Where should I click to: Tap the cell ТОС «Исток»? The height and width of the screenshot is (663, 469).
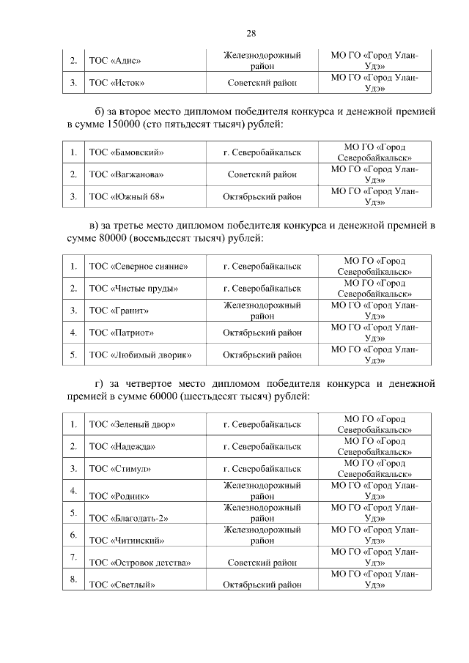117,83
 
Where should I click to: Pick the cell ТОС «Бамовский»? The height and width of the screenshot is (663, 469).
125,153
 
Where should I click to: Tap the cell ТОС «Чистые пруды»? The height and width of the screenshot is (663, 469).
133,289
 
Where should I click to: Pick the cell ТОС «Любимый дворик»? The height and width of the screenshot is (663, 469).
140,355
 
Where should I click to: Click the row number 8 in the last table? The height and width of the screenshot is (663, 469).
73,579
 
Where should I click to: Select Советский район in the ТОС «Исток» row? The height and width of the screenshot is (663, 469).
262,83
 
